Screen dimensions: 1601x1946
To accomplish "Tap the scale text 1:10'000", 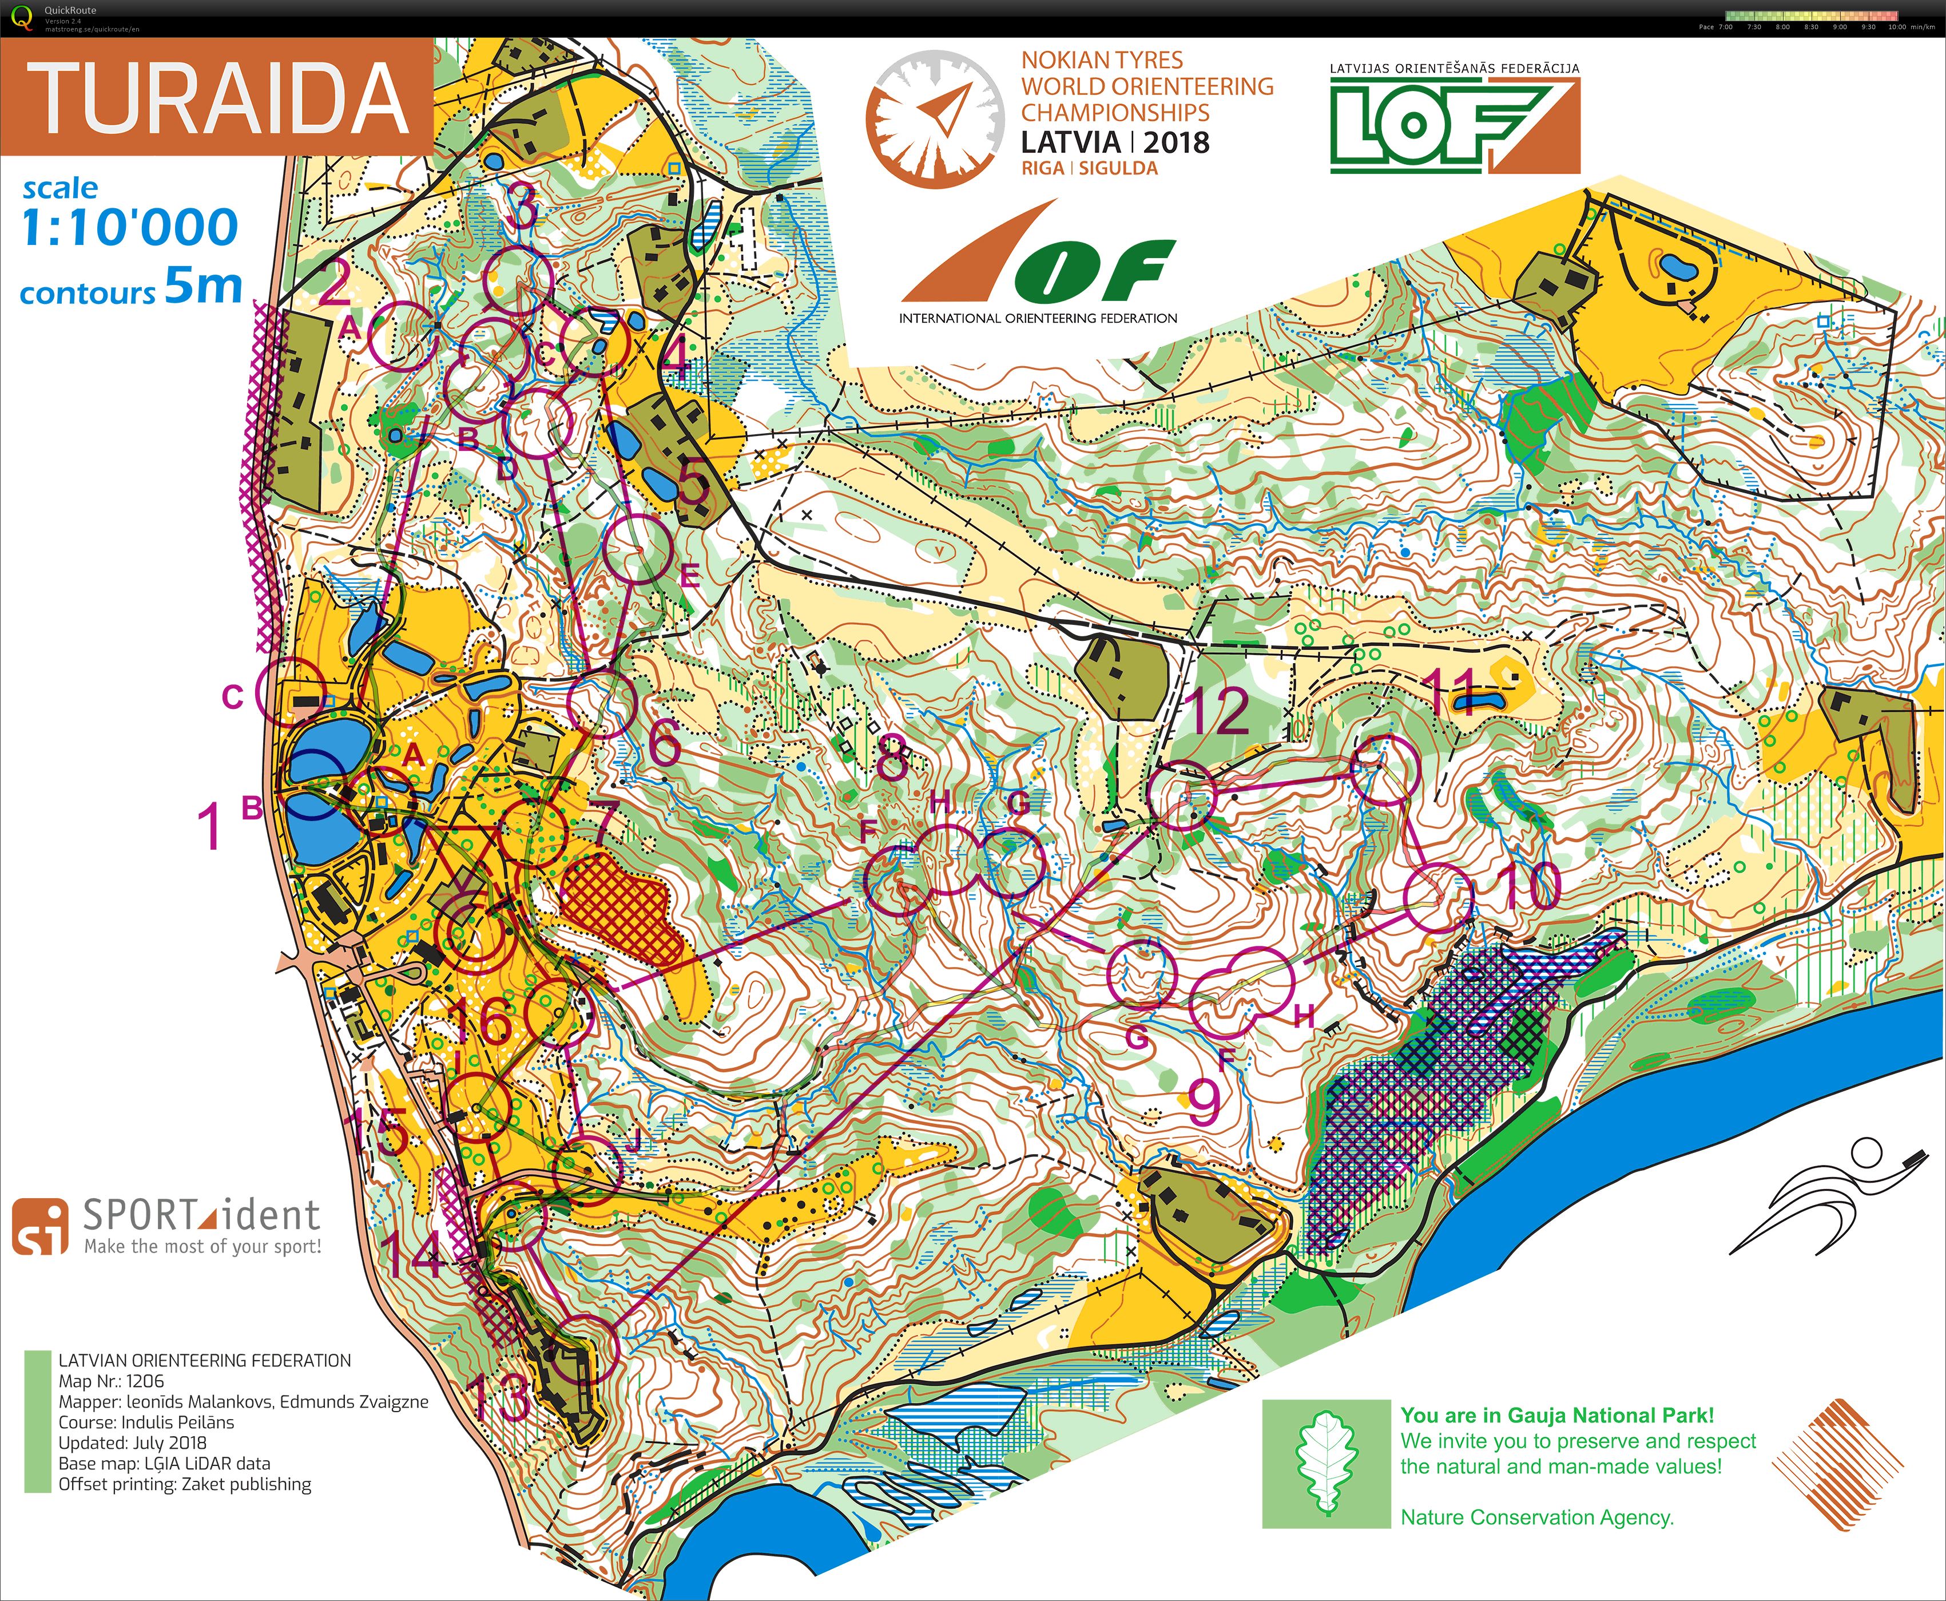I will (129, 228).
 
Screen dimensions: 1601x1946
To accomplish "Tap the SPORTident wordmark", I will (201, 1215).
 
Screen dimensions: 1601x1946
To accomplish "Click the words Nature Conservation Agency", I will (1536, 1517).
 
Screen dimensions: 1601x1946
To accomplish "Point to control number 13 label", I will (498, 1396).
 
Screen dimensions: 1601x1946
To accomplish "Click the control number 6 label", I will (664, 740).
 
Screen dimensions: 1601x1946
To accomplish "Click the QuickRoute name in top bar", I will (70, 10).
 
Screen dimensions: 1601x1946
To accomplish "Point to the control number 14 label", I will (414, 1253).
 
